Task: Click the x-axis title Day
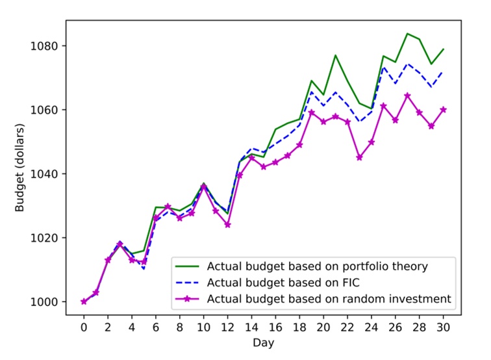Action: [263, 342]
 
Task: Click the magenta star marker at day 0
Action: [84, 302]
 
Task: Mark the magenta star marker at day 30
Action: [443, 110]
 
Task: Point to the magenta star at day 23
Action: [359, 157]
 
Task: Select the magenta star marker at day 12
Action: [227, 225]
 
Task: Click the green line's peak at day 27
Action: [407, 33]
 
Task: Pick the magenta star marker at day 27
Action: [407, 96]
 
